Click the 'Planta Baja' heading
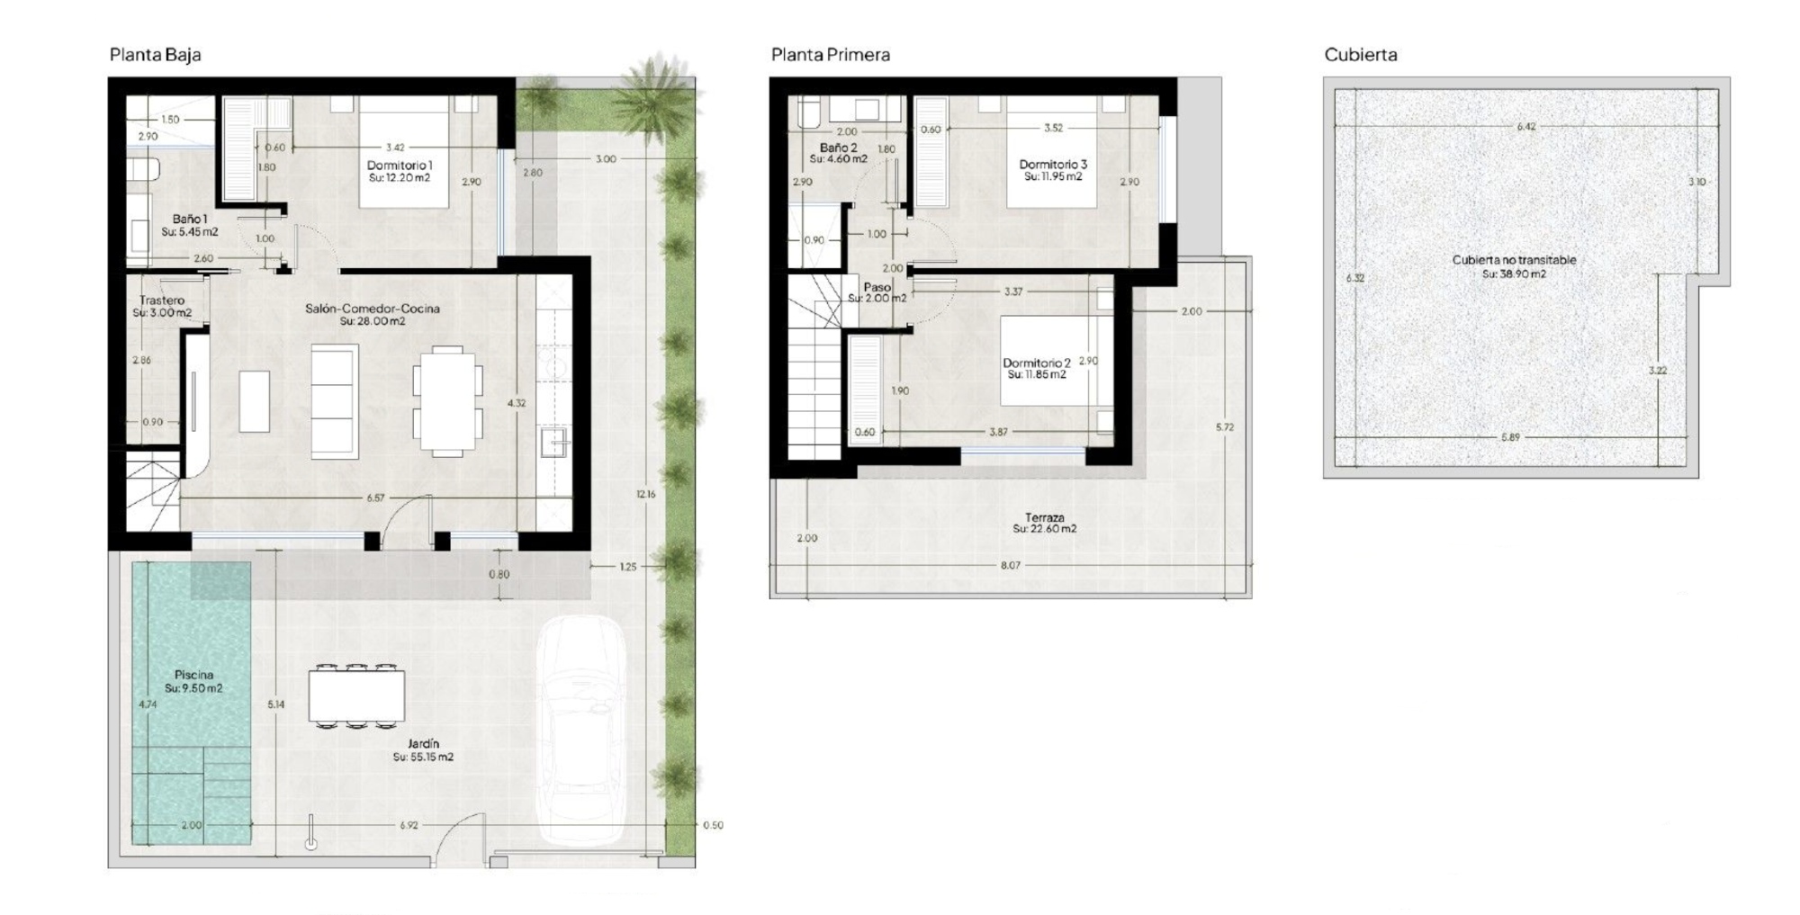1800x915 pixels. (155, 55)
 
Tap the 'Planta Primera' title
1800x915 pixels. (830, 55)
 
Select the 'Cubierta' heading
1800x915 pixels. (1360, 55)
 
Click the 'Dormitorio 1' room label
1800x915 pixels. (400, 166)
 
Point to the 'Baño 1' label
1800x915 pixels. (190, 219)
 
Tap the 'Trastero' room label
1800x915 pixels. (162, 301)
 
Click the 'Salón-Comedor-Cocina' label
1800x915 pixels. (373, 309)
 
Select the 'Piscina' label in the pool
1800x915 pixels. (193, 675)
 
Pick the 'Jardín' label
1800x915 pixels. (423, 744)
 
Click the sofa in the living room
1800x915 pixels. (334, 401)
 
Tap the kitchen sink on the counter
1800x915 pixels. (553, 443)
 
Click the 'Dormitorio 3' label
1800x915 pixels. (1053, 165)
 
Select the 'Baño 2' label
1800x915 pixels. (838, 148)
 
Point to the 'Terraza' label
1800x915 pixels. (1044, 517)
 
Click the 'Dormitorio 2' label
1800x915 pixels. (1037, 363)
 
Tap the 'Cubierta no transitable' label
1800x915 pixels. (1514, 260)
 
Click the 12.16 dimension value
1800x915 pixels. (645, 494)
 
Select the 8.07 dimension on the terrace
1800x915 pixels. (1010, 565)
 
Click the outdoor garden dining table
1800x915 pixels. (356, 695)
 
